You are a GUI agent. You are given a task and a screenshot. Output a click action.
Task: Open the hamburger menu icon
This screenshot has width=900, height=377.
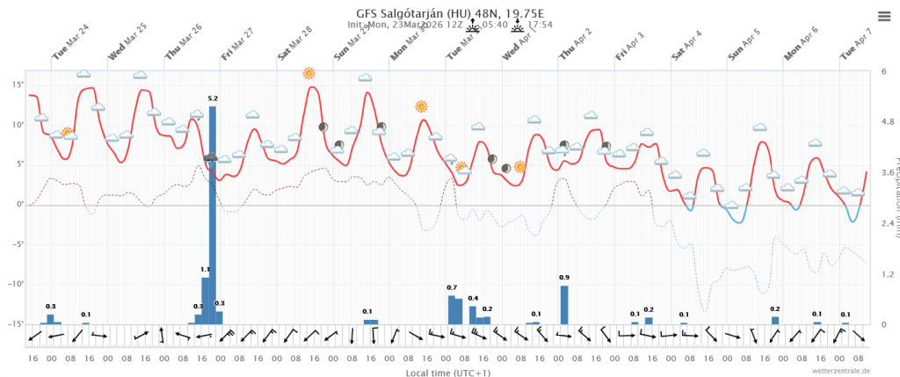tap(884, 16)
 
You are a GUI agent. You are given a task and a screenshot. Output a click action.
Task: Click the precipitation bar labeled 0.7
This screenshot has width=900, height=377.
tap(452, 309)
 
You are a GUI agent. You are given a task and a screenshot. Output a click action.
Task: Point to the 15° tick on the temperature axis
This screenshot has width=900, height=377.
tap(18, 84)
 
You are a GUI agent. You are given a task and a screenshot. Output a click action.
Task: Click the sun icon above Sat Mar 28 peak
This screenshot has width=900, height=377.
tap(308, 73)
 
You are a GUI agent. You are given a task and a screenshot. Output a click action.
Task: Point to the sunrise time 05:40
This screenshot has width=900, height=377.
tap(497, 25)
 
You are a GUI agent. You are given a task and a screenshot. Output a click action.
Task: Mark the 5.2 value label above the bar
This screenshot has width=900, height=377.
tap(213, 98)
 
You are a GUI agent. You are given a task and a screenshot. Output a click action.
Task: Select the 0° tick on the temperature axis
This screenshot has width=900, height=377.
tap(20, 204)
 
